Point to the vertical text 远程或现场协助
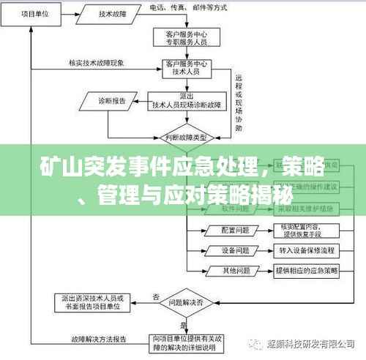(x=238, y=102)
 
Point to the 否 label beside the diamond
(x=156, y=296)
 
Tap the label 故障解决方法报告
(x=99, y=339)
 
